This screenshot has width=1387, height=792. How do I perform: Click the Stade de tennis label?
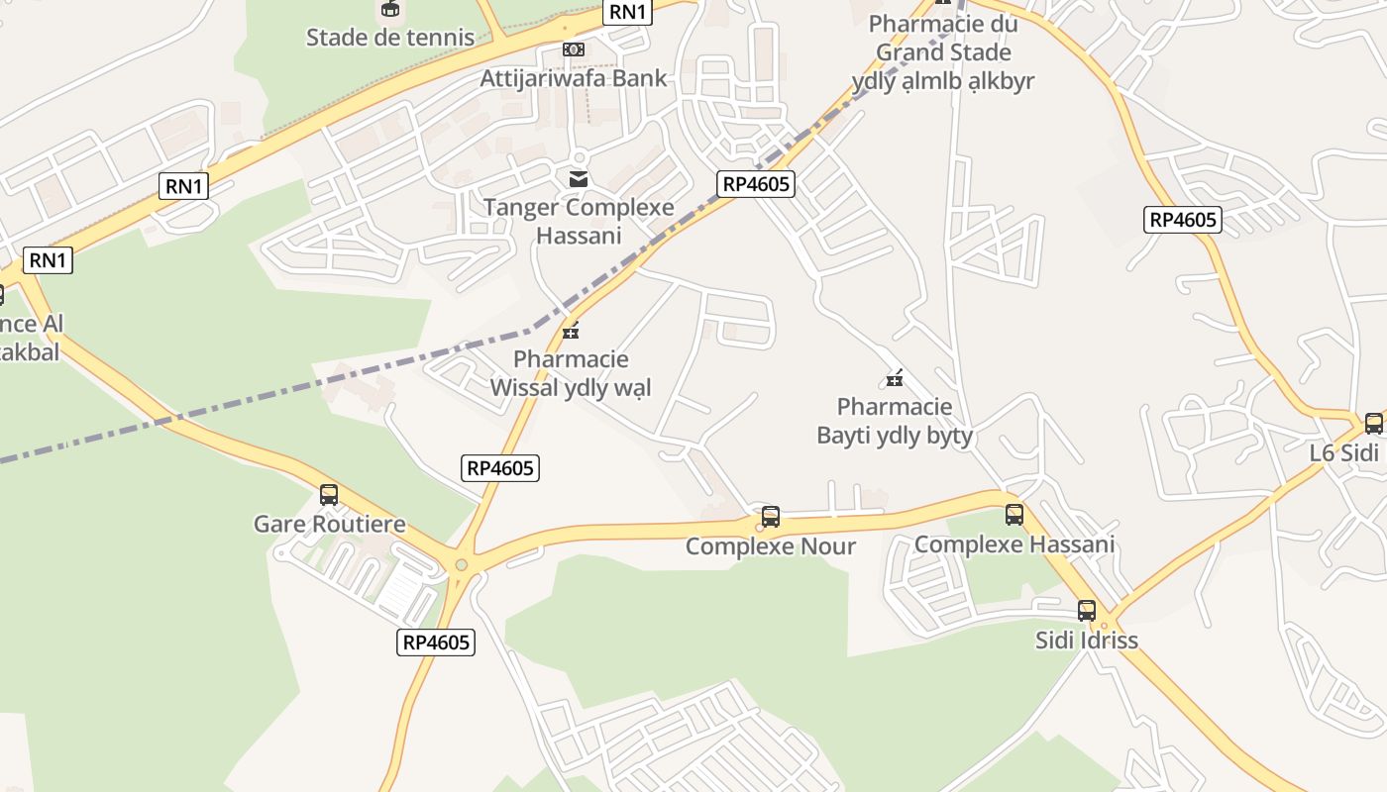click(x=390, y=38)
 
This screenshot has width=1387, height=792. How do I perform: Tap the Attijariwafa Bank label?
click(x=574, y=78)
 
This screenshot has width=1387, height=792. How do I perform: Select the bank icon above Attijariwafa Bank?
click(x=574, y=49)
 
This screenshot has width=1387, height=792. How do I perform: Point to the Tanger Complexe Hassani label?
click(x=579, y=221)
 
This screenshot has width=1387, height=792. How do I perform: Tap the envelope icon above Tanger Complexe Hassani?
click(x=579, y=179)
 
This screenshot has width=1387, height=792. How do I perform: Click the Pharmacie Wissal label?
click(x=571, y=373)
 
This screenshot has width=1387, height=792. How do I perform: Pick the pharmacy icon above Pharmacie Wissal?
click(x=571, y=330)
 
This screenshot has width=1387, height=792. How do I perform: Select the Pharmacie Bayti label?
click(x=895, y=421)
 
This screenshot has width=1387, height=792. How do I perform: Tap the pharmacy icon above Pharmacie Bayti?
click(x=895, y=377)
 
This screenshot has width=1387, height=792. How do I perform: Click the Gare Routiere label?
click(x=330, y=524)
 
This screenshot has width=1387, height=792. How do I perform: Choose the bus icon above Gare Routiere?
click(x=329, y=494)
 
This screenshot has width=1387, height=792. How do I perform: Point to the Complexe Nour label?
click(x=771, y=546)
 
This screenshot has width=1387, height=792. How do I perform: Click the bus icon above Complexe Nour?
click(x=771, y=516)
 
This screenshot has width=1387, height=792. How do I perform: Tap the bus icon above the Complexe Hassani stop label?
click(x=1014, y=515)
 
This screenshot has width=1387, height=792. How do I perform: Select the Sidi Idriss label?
click(x=1087, y=640)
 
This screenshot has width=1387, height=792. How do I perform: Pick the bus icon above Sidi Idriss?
click(x=1087, y=610)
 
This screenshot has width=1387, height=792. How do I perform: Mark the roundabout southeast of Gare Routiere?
click(x=461, y=565)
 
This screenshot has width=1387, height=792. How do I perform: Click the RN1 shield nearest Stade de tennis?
click(x=628, y=12)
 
